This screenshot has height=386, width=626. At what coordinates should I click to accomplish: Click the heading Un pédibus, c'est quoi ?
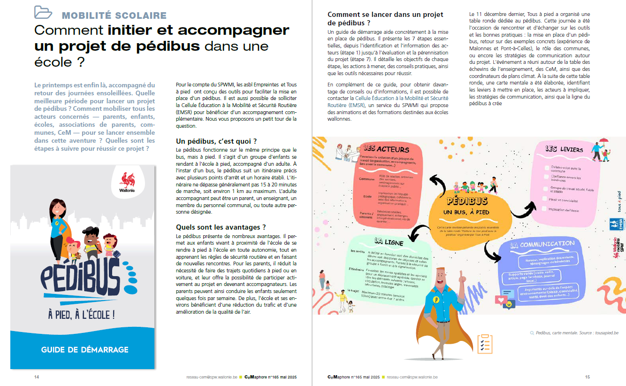[x=216, y=141]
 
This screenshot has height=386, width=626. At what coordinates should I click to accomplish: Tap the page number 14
[x=37, y=377]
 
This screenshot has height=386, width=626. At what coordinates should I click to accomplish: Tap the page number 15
[x=587, y=377]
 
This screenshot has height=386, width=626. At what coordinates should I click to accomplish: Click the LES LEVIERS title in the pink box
[x=564, y=149]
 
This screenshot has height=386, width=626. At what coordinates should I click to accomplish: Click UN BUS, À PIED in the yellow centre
[x=466, y=212]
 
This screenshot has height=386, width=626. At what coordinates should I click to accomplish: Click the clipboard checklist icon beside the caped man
[x=484, y=344]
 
